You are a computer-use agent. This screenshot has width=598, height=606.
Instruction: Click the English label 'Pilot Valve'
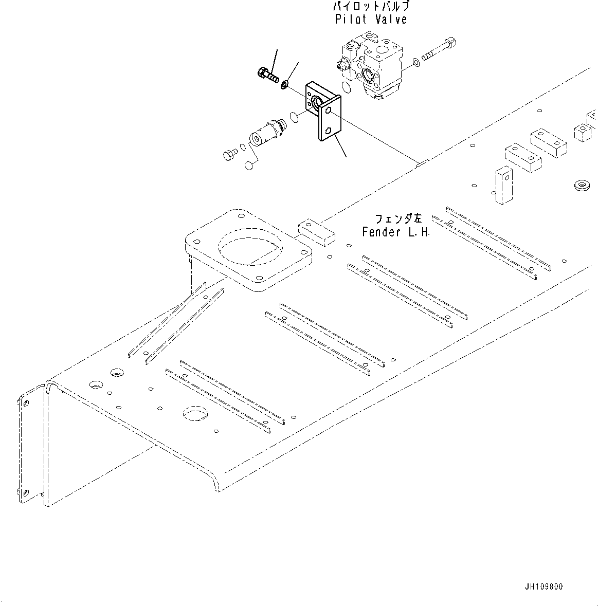point(371,20)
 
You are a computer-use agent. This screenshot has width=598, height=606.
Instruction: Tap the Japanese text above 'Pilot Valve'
point(371,7)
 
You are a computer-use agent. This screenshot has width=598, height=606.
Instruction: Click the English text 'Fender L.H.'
point(395,232)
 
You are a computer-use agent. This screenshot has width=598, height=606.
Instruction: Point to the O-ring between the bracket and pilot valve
point(347,89)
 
